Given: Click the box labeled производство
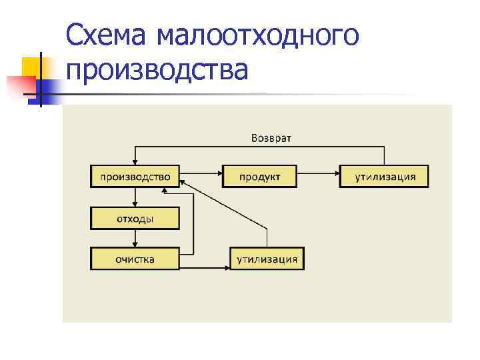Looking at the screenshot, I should (135, 177).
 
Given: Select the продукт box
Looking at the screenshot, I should (260, 177).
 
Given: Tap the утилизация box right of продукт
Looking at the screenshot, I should (384, 177).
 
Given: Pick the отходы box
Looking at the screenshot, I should (135, 218).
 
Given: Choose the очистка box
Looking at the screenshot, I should (135, 259).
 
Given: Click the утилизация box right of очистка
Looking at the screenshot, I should (267, 259).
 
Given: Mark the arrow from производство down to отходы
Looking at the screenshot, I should (135, 197).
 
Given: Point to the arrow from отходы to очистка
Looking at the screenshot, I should (135, 238).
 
